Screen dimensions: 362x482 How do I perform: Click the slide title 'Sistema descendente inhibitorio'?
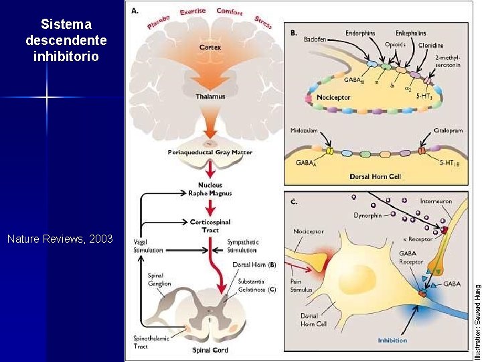click(66, 40)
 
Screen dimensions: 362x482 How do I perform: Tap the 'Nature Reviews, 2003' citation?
click(60, 239)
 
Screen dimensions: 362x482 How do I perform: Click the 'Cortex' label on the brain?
click(210, 48)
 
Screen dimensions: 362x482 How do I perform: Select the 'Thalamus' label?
click(210, 96)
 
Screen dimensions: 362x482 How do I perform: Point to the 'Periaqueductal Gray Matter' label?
click(210, 153)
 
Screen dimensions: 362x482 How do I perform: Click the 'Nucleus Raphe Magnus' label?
click(210, 188)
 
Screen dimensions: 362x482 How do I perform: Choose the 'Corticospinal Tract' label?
click(210, 225)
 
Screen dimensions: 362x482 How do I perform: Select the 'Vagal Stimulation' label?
click(149, 246)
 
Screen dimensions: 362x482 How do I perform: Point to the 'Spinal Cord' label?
click(210, 351)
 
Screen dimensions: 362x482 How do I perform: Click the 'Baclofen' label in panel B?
click(315, 40)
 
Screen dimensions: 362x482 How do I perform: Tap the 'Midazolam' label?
click(305, 131)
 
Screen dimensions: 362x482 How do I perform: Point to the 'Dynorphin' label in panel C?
click(368, 215)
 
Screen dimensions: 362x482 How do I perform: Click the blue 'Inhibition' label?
click(392, 340)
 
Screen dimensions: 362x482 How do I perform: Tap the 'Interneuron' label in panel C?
click(436, 200)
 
